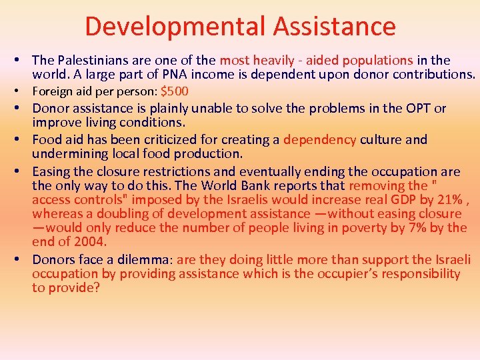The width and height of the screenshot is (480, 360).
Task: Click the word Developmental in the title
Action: click(x=172, y=27)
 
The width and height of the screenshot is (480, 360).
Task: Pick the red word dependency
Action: click(x=320, y=139)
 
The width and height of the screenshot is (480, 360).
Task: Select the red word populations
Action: click(x=374, y=61)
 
